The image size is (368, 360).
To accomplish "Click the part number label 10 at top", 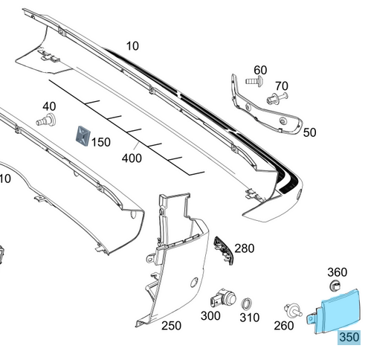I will pyautogui.click(x=132, y=46).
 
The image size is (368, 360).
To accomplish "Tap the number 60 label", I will pyautogui.click(x=260, y=70).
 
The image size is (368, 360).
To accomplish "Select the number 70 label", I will pyautogui.click(x=281, y=86).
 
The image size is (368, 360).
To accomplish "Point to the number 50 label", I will pyautogui.click(x=309, y=132).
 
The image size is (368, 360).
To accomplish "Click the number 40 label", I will pyautogui.click(x=49, y=106).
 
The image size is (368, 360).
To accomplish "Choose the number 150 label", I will pyautogui.click(x=101, y=141).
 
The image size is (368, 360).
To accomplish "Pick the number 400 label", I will pyautogui.click(x=132, y=158).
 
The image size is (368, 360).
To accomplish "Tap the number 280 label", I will pyautogui.click(x=244, y=248).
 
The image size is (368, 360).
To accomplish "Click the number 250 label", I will pyautogui.click(x=171, y=325).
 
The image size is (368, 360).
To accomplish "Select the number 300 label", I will pyautogui.click(x=211, y=316).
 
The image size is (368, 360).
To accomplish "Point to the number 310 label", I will pyautogui.click(x=250, y=318).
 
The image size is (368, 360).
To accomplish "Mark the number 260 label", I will pyautogui.click(x=284, y=325).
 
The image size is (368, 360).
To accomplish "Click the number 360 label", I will pyautogui.click(x=338, y=272).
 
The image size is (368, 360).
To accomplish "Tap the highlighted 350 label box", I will pyautogui.click(x=349, y=337).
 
